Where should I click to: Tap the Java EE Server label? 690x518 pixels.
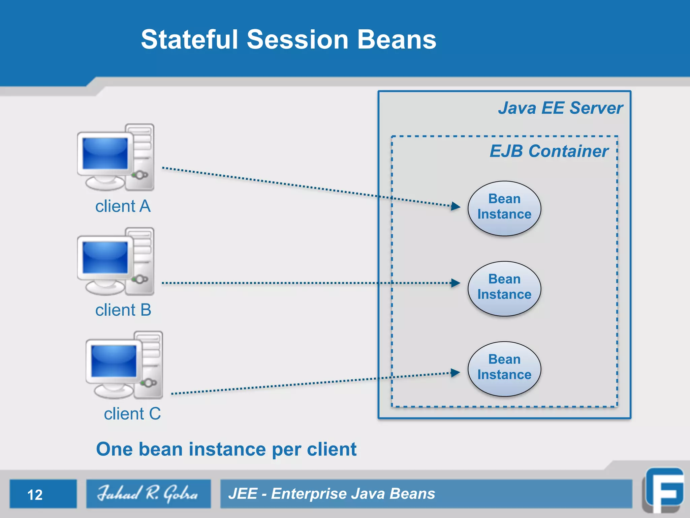point(560,108)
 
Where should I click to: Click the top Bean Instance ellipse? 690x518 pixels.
point(504,208)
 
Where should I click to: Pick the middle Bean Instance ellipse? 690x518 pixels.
point(504,288)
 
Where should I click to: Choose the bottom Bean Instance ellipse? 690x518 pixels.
point(504,369)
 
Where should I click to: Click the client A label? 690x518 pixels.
point(123,206)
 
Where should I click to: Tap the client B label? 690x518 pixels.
point(123,310)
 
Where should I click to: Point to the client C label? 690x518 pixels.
point(132,414)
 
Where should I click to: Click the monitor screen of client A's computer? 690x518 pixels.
point(105,153)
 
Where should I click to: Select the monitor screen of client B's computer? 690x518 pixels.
point(105,257)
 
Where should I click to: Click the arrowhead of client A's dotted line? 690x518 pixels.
point(456,206)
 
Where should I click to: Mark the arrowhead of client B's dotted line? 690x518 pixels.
point(456,283)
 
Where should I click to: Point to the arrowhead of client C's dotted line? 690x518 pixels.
point(456,373)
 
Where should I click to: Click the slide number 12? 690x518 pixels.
point(35,495)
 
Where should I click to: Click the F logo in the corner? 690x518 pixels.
point(664,491)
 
